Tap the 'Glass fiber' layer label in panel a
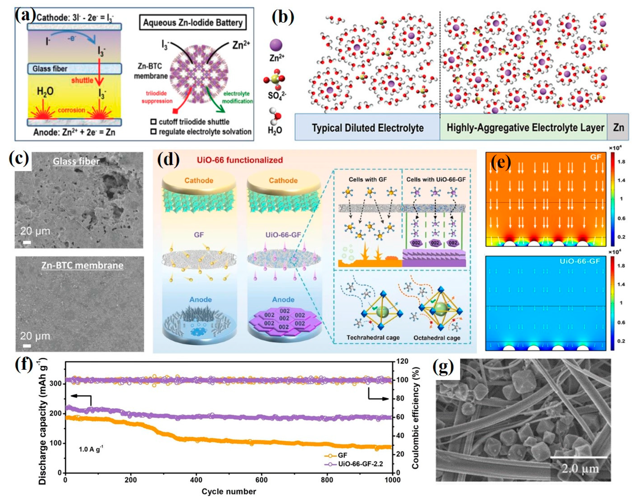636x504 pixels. click(50, 69)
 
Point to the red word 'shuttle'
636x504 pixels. click(82, 80)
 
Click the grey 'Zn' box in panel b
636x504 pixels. click(619, 127)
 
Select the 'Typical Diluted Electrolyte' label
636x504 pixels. click(368, 128)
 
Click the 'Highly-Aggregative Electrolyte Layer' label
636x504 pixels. click(525, 128)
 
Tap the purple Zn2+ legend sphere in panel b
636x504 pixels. click(276, 45)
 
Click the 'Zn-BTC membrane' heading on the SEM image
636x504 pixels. click(82, 265)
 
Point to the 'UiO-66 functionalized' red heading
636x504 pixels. click(240, 160)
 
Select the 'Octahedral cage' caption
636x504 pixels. click(437, 338)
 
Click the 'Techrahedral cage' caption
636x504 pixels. click(373, 338)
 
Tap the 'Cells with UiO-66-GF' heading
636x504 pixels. click(436, 179)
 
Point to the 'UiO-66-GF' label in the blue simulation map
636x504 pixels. click(580, 261)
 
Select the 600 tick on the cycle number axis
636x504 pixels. click(261, 480)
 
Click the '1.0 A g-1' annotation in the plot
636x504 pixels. click(91, 450)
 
